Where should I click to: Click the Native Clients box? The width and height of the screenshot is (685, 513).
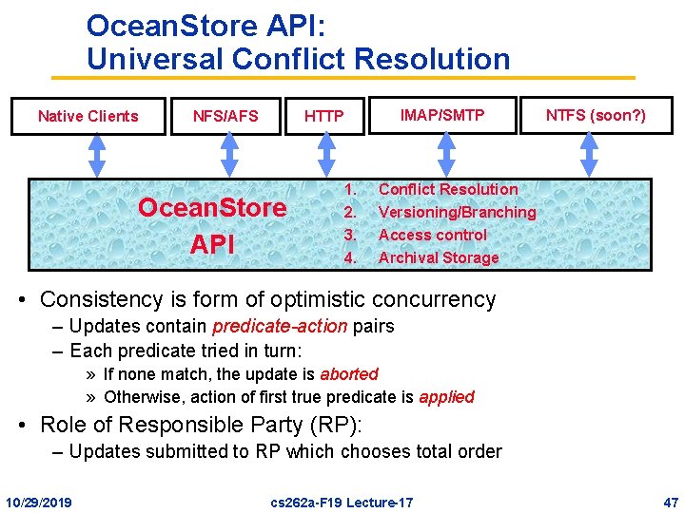88,116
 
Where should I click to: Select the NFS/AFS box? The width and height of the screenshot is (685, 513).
225,116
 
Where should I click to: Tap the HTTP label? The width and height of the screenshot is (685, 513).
323,117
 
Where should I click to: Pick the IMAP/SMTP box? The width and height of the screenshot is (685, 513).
441,115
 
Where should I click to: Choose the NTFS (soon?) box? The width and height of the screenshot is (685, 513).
596,115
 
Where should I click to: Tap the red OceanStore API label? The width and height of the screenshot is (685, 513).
212,225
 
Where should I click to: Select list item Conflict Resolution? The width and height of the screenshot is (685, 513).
448,190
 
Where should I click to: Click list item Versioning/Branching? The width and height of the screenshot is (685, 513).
457,212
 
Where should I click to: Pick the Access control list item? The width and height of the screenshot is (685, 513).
432,235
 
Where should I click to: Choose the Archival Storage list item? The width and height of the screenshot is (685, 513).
439,257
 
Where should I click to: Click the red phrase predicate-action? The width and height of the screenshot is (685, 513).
280,327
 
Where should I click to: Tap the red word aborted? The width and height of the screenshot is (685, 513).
349,374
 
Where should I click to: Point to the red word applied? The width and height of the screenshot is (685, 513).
446,397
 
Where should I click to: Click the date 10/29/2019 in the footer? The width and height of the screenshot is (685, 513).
44,501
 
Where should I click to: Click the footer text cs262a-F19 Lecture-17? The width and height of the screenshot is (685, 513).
342,501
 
